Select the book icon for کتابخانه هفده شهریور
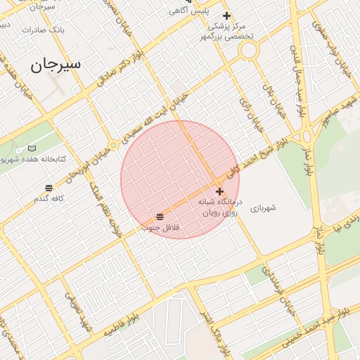coord(32,149)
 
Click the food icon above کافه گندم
coord(49,188)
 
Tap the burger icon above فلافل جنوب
coord(160,216)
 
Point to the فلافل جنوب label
coord(161,228)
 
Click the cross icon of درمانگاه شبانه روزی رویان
coord(220,191)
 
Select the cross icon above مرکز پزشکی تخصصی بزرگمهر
coord(226,15)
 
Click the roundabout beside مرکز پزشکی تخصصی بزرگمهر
coord(248,51)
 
